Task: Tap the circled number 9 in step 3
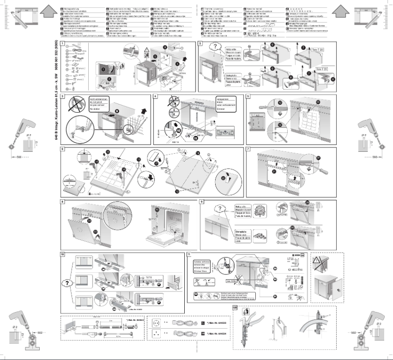pos(116,110)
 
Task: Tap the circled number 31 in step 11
pos(275,297)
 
